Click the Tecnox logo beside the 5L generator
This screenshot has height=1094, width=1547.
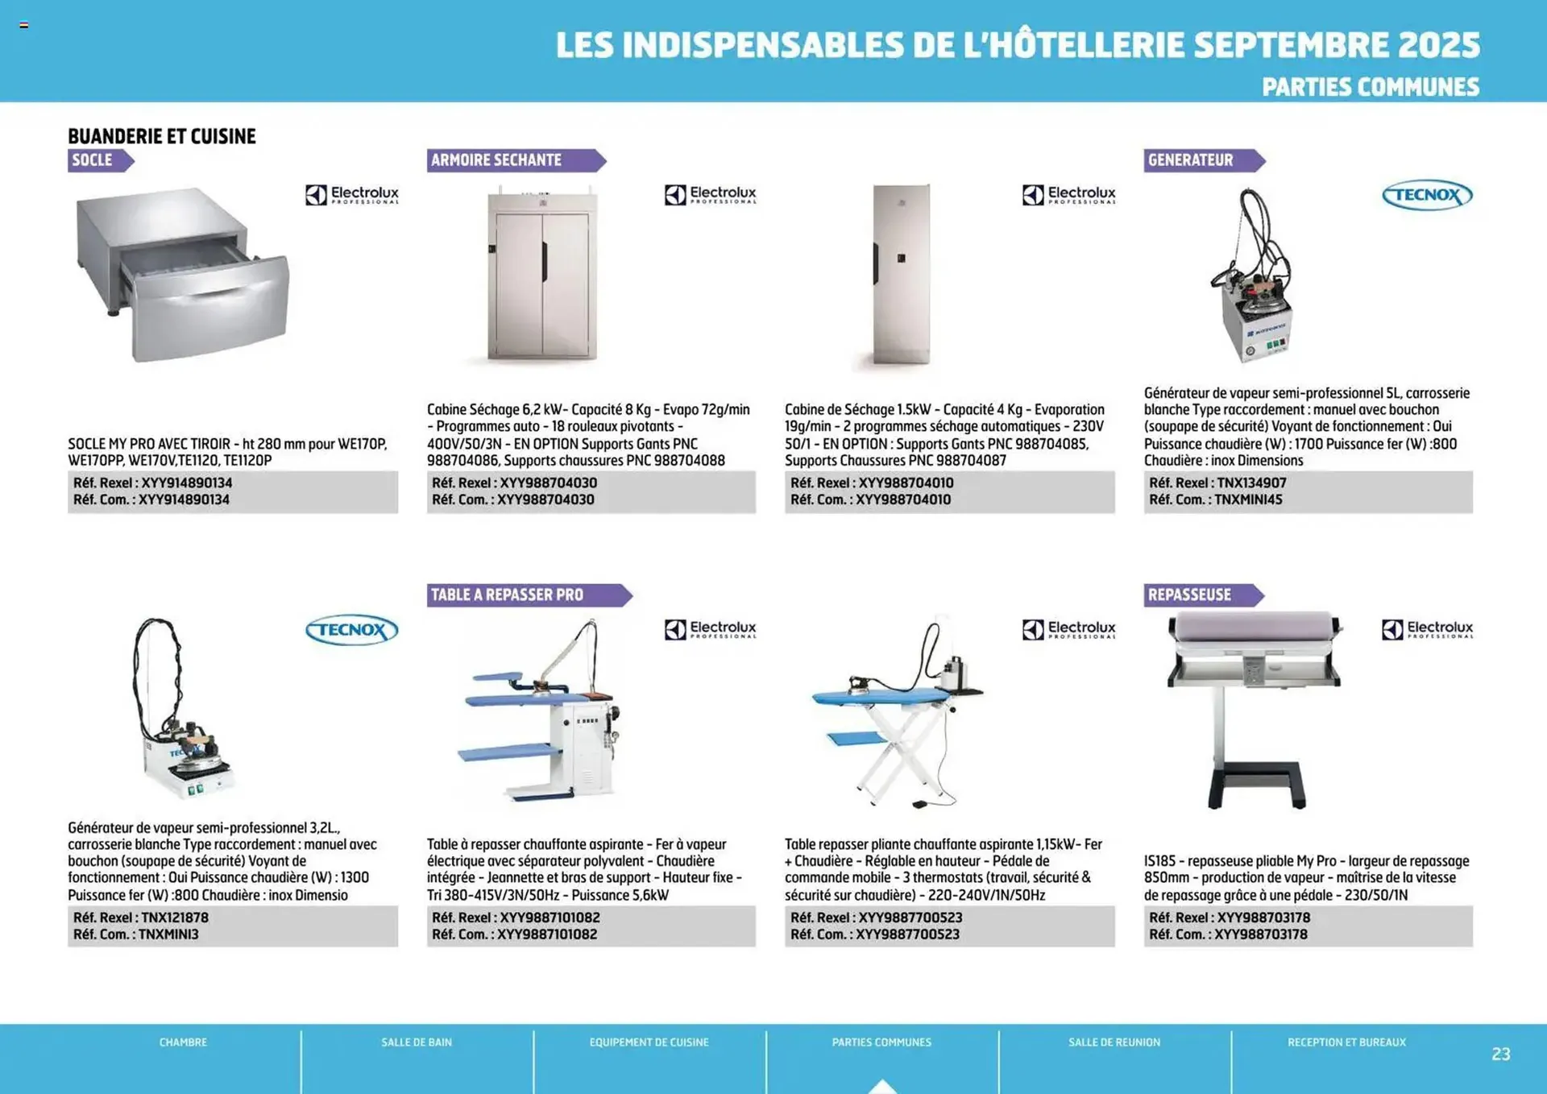tap(1426, 195)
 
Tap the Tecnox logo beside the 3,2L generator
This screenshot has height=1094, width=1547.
tap(351, 630)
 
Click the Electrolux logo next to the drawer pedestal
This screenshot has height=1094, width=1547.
tap(352, 194)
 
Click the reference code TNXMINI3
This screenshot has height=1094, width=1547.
tap(168, 934)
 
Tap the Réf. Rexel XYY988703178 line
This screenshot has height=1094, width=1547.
tap(1230, 918)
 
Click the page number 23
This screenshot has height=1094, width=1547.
tap(1500, 1054)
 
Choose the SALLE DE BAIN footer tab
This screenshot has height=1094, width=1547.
tap(417, 1042)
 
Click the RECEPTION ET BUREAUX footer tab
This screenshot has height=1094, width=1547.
tap(1346, 1042)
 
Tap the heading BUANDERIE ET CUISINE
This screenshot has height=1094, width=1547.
tap(161, 136)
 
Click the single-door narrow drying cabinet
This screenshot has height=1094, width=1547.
tap(902, 274)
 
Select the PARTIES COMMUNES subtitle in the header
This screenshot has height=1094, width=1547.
tap(1370, 87)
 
